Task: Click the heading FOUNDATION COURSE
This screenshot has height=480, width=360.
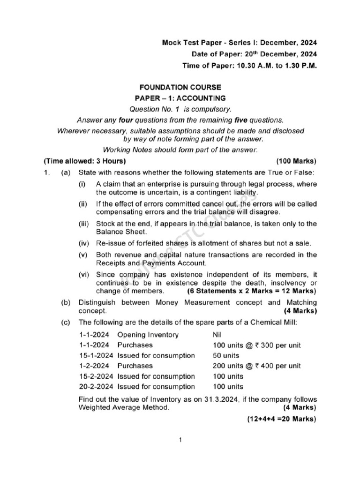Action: (x=180, y=87)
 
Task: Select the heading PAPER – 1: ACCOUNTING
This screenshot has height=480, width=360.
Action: (x=180, y=98)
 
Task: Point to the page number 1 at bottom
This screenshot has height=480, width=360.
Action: (x=180, y=440)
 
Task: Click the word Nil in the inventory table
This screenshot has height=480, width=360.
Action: (x=218, y=335)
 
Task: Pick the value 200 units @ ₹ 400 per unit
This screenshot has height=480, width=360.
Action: (x=257, y=366)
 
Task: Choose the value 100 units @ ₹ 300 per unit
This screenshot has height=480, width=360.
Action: (x=257, y=345)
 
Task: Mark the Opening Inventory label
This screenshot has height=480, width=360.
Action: (x=148, y=335)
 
